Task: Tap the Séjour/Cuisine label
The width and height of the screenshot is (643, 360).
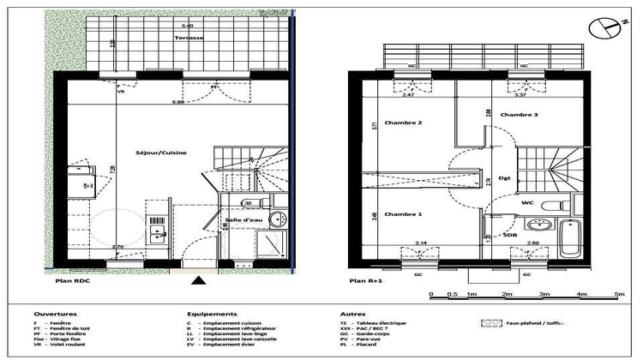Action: (x=161, y=153)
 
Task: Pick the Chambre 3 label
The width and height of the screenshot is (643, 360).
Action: (x=520, y=114)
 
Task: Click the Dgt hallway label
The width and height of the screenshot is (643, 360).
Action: (x=505, y=178)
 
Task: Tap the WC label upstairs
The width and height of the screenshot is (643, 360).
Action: (x=527, y=203)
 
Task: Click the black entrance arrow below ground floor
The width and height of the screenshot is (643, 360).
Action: (x=199, y=279)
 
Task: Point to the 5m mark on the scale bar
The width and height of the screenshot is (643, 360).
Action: (x=617, y=294)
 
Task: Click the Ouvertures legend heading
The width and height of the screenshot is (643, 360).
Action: (x=55, y=315)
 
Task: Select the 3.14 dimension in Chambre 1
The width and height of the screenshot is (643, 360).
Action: (x=421, y=243)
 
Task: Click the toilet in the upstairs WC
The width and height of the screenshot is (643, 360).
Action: (x=555, y=204)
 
